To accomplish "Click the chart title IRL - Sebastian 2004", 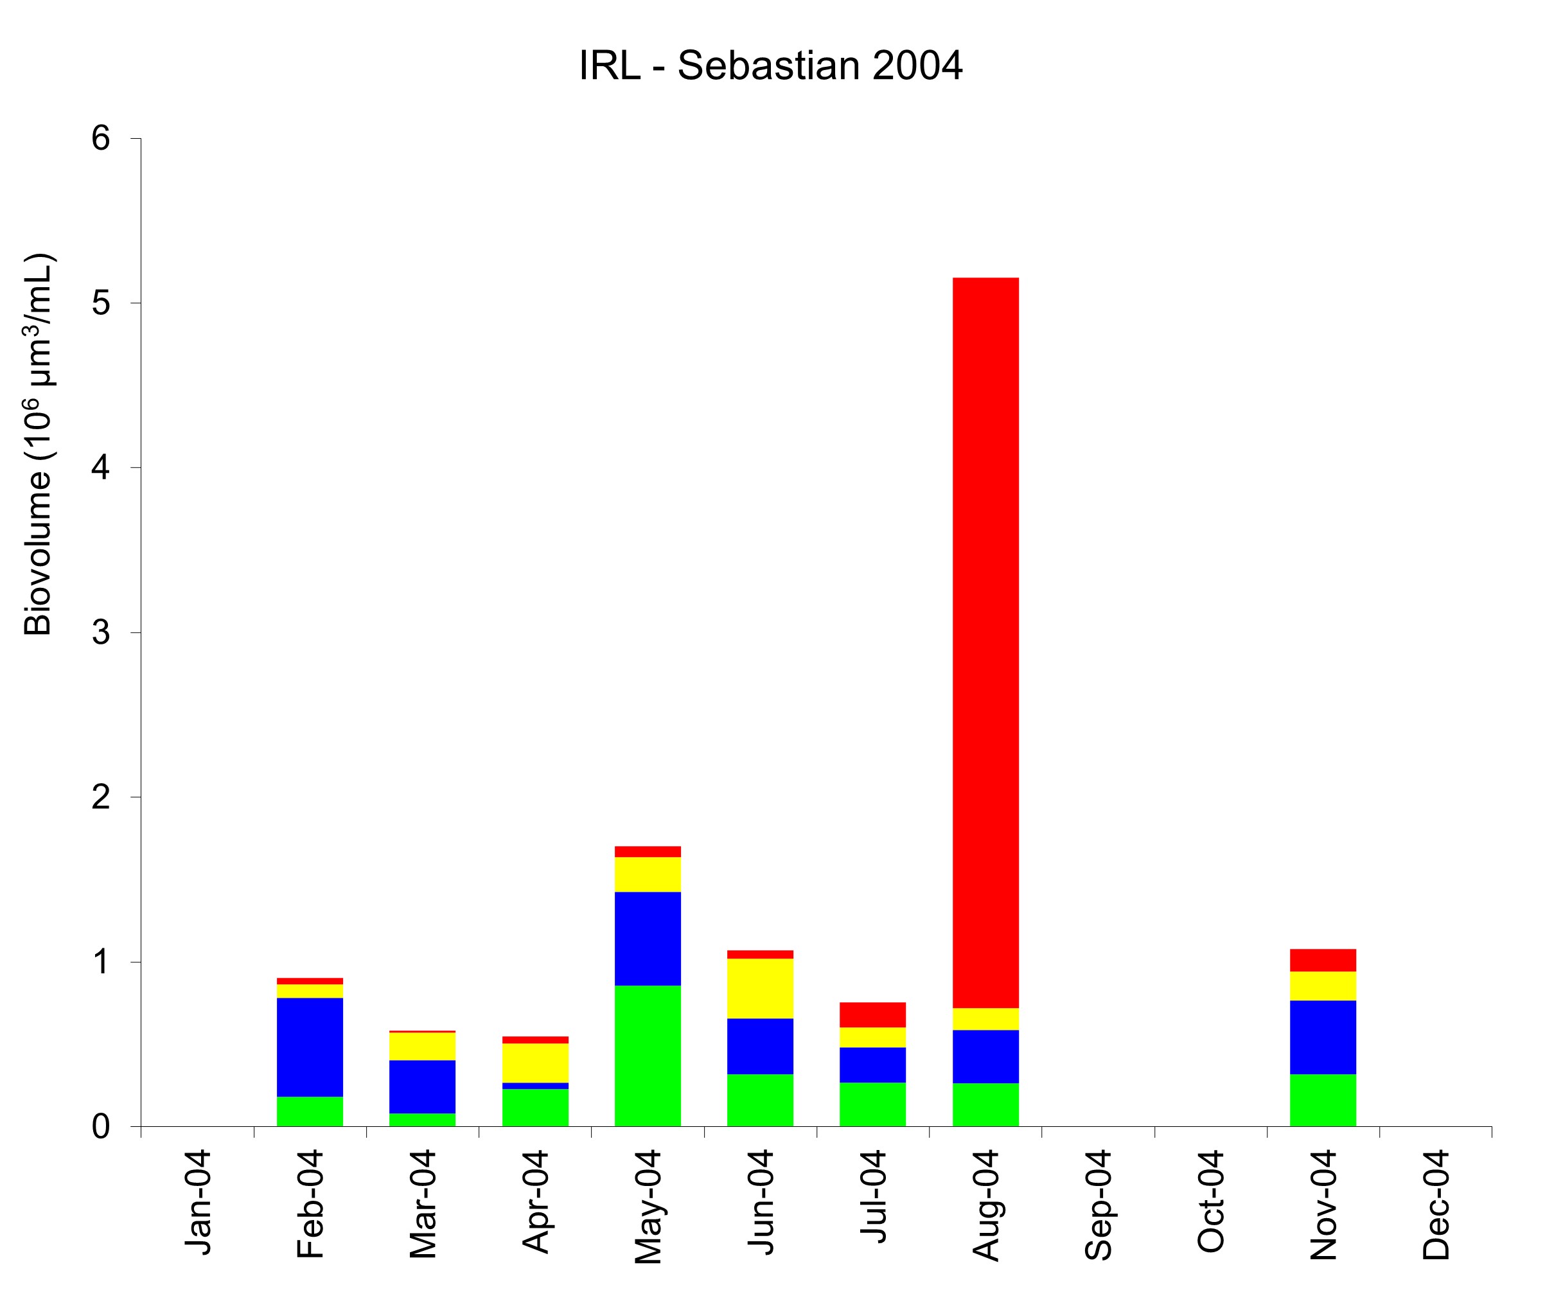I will point(771,66).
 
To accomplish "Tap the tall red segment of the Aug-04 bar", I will point(985,642).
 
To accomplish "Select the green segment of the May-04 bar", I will point(648,1056).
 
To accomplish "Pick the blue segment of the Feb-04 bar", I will point(310,1047).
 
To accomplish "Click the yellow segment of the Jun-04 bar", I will point(761,988).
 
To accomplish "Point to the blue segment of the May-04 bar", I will point(648,938).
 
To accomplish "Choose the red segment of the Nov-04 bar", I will point(1323,960).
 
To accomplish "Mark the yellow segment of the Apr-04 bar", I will point(535,1063).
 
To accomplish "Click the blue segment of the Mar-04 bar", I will point(423,1086).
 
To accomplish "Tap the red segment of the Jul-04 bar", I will point(872,1015).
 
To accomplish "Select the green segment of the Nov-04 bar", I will point(1323,1100).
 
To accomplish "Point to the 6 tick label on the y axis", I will point(101,138).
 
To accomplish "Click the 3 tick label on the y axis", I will point(101,632).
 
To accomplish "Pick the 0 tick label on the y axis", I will point(101,1127).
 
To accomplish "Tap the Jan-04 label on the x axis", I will point(198,1202).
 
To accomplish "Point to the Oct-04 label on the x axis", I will point(1210,1202).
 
